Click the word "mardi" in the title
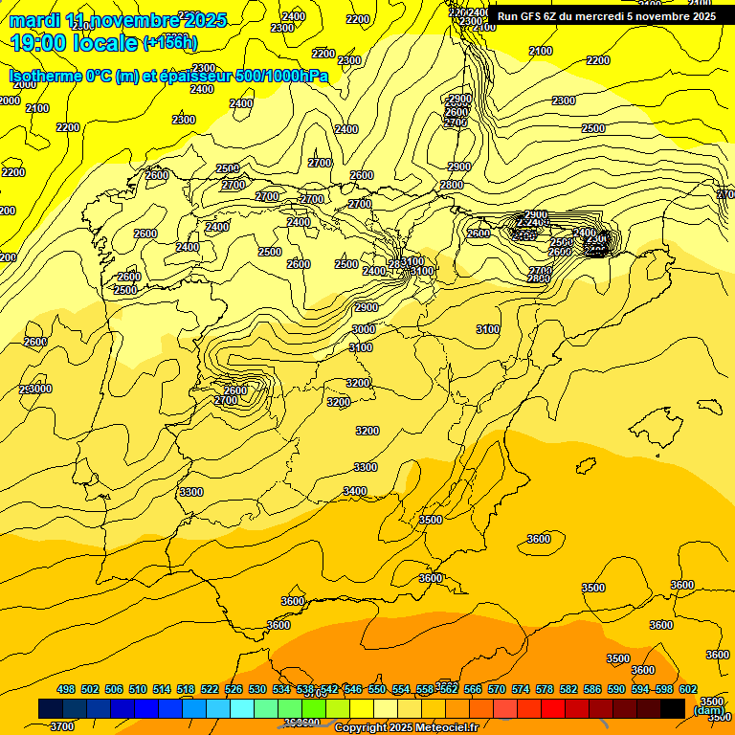pyautogui.click(x=34, y=20)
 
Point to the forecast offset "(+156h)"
pyautogui.click(x=169, y=43)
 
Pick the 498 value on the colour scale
pyautogui.click(x=66, y=689)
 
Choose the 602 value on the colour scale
pyautogui.click(x=688, y=689)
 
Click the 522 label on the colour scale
pyautogui.click(x=210, y=689)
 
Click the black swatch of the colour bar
pyautogui.click(x=673, y=708)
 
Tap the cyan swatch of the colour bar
pyautogui.click(x=242, y=708)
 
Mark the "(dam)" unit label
pyautogui.click(x=708, y=709)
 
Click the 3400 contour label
pyautogui.click(x=355, y=491)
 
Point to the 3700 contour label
pyautogui.click(x=61, y=726)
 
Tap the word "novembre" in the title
pyautogui.click(x=130, y=20)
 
